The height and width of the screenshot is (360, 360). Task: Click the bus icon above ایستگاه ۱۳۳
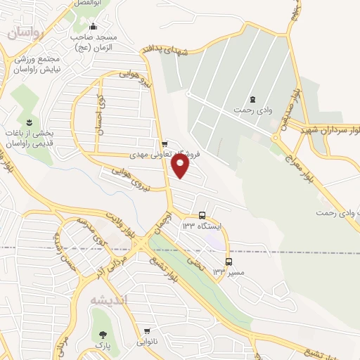coord(202,215)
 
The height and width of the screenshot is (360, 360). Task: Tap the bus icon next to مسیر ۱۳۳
coord(229,262)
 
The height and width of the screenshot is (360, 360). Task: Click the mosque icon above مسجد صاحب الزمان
coord(94,27)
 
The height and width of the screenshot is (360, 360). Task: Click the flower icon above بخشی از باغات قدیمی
coord(30,122)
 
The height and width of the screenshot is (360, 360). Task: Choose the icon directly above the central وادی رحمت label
coord(253,98)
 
